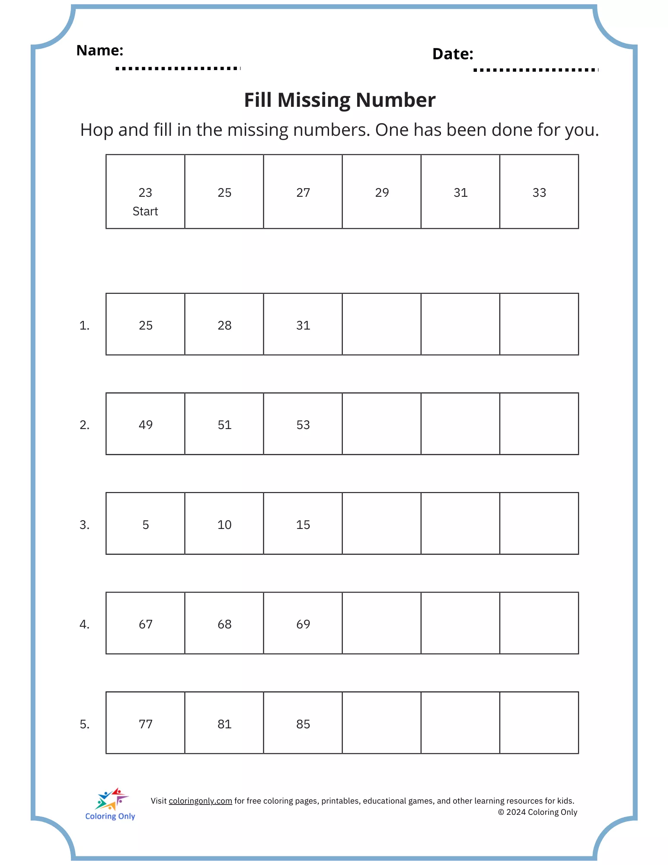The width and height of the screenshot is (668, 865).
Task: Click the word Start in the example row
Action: point(145,211)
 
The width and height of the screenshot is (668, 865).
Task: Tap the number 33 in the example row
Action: point(539,193)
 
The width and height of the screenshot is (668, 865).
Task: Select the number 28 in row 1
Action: point(224,326)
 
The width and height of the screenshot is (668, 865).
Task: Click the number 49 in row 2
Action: point(146,425)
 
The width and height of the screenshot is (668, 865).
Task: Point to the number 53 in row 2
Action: point(303,425)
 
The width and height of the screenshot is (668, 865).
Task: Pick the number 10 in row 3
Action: point(224,525)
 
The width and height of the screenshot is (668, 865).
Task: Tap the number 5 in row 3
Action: point(146,525)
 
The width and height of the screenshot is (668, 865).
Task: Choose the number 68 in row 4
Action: point(224,625)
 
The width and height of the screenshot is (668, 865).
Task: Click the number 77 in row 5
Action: point(146,724)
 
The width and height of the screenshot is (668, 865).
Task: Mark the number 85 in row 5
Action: point(303,724)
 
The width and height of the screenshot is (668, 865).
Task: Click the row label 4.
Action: point(84,625)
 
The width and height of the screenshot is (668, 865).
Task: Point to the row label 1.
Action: point(84,326)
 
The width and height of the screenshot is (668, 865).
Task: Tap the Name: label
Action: point(100,51)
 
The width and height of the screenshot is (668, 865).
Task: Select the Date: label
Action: point(453,54)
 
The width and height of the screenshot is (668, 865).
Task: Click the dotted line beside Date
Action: point(535,70)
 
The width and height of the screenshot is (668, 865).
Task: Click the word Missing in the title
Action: point(314,100)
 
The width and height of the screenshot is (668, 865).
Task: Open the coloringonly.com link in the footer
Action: point(200,801)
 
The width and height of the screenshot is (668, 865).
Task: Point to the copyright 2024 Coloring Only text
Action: point(537,812)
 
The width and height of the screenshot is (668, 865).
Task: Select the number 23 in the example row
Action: point(145,193)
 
